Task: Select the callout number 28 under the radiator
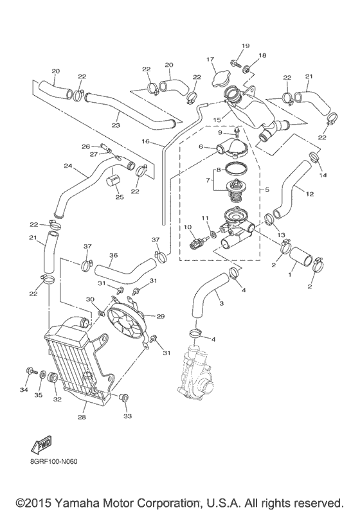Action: (x=82, y=418)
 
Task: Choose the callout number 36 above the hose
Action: (x=113, y=254)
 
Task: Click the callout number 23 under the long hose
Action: (x=116, y=125)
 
